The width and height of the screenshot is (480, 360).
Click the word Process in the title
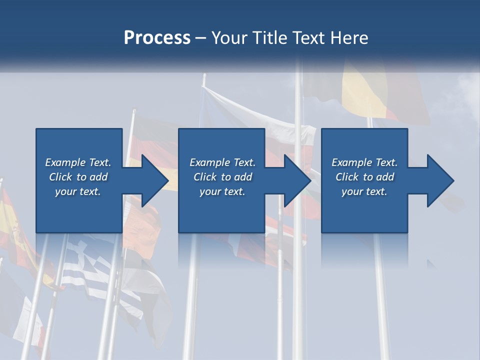click(157, 38)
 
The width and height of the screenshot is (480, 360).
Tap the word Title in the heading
click(271, 38)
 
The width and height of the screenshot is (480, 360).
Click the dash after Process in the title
click(201, 38)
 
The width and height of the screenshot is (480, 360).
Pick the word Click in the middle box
click(204, 177)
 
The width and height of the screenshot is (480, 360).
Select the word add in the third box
click(385, 177)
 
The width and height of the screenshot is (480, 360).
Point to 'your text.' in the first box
click(78, 191)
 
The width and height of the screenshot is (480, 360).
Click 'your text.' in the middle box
click(222, 191)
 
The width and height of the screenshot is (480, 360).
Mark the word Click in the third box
click(347, 177)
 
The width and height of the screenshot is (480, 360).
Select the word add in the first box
click(99, 177)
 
